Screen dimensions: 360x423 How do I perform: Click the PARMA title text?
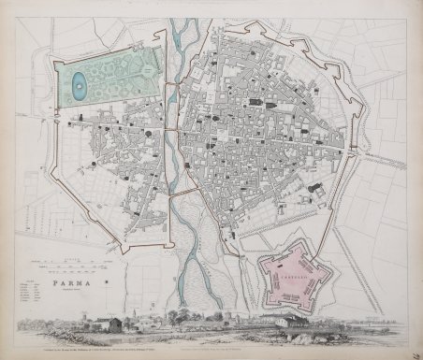tap(73, 279)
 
